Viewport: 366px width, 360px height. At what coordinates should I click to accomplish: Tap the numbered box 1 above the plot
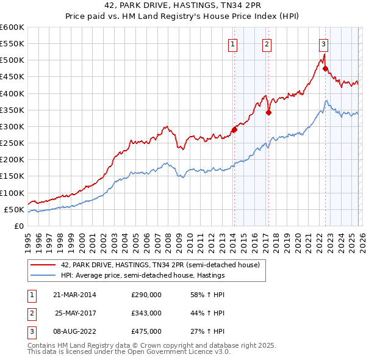(234, 43)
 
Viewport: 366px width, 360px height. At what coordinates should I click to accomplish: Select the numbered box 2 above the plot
(267, 43)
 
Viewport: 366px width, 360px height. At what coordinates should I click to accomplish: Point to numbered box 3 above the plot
(323, 43)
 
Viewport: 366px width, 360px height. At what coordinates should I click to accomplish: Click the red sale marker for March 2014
(234, 129)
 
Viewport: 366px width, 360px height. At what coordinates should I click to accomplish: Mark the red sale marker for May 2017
(268, 112)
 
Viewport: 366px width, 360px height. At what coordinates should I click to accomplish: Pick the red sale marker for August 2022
(325, 68)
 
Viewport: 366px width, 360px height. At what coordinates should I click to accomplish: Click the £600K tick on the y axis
(12, 27)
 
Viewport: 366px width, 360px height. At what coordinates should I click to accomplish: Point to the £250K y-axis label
(12, 143)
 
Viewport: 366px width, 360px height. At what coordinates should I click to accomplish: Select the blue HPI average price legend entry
(143, 275)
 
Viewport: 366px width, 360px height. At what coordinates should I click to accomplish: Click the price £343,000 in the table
(146, 313)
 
